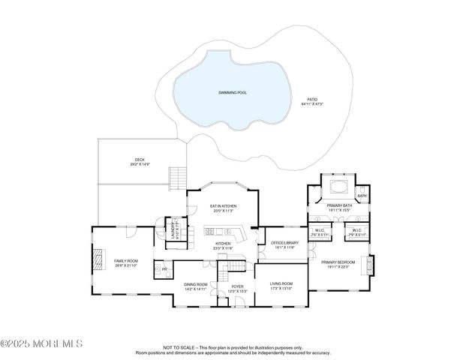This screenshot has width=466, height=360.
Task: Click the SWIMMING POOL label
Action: pyautogui.click(x=232, y=92)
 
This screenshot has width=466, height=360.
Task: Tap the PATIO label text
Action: pyautogui.click(x=311, y=100)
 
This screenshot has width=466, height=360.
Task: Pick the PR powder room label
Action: pyautogui.click(x=164, y=269)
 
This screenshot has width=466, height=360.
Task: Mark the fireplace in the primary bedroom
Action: pyautogui.click(x=368, y=265)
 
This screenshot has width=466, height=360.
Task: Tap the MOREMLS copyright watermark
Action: pyautogui.click(x=41, y=343)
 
